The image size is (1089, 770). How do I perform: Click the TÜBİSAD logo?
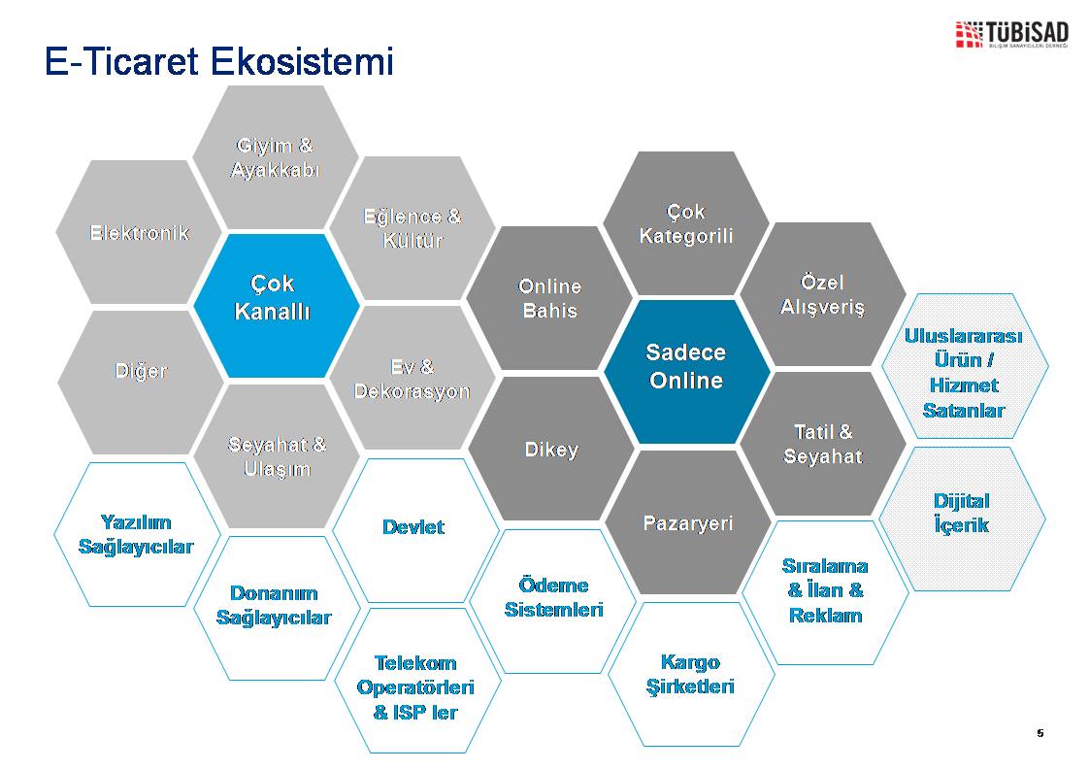pyautogui.click(x=1011, y=34)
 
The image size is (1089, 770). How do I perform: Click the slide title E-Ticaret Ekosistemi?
pyautogui.click(x=218, y=61)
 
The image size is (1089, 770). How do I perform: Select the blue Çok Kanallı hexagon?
pyautogui.click(x=277, y=306)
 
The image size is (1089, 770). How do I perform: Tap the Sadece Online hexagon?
pyautogui.click(x=687, y=372)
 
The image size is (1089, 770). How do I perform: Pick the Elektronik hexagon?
pyautogui.click(x=139, y=232)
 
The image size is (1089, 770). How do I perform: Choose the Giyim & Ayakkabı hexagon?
pyautogui.click(x=276, y=157)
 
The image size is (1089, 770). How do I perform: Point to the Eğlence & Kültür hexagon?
pyautogui.click(x=412, y=228)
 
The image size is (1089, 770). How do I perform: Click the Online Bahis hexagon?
pyautogui.click(x=549, y=298)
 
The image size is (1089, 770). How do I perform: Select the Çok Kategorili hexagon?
pyautogui.click(x=686, y=223)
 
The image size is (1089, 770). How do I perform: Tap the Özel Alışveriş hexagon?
pyautogui.click(x=823, y=294)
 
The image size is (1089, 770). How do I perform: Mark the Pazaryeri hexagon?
pyautogui.click(x=688, y=521)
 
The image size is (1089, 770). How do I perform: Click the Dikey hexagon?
pyautogui.click(x=551, y=449)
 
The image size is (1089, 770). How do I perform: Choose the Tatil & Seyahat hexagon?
pyautogui.click(x=823, y=444)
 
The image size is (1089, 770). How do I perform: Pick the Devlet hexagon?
pyautogui.click(x=415, y=530)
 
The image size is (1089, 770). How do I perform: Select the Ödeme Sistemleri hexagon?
pyautogui.click(x=553, y=601)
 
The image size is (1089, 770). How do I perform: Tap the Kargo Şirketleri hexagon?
pyautogui.click(x=691, y=674)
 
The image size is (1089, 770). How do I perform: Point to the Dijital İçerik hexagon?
pyautogui.click(x=962, y=519)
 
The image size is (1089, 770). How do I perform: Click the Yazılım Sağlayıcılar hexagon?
pyautogui.click(x=137, y=534)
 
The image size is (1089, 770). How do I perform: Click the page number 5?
pyautogui.click(x=1039, y=732)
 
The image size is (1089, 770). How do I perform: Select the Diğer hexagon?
pyautogui.click(x=141, y=383)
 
